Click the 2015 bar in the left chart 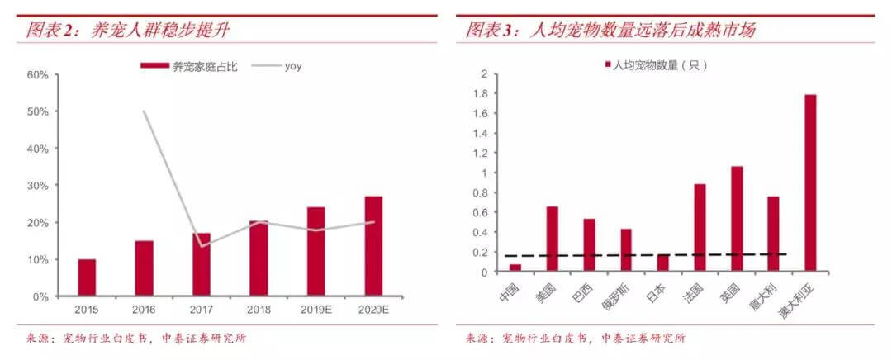(x=87, y=277)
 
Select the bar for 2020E (x=374, y=246)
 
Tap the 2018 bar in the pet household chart (x=259, y=258)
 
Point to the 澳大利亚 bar (x=810, y=182)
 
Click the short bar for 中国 (x=515, y=268)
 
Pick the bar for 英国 (x=737, y=218)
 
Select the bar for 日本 (x=662, y=263)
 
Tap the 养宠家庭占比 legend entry (x=189, y=67)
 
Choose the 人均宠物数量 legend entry (x=655, y=65)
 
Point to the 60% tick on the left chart (x=37, y=75)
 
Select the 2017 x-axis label (x=202, y=310)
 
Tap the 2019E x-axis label (x=316, y=310)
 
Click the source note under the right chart (x=576, y=339)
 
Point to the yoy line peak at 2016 (x=145, y=111)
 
